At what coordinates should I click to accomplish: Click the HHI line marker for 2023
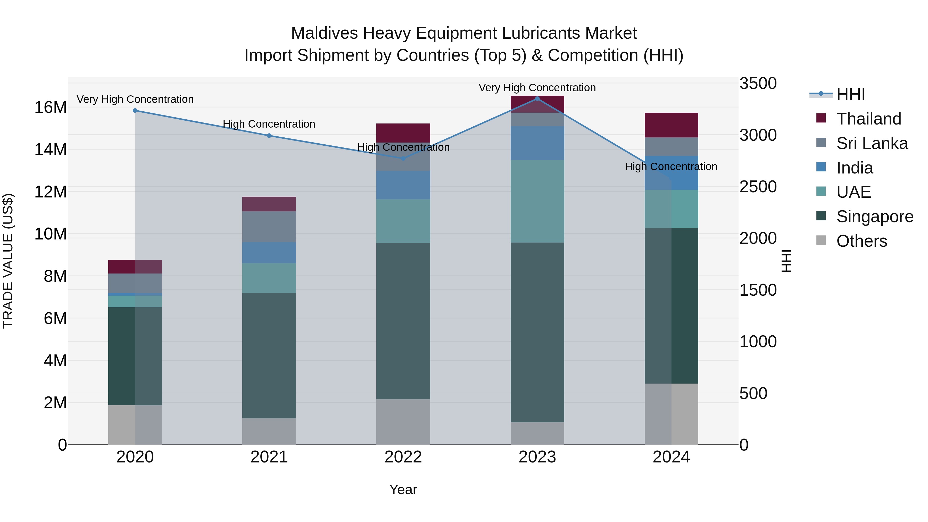click(537, 99)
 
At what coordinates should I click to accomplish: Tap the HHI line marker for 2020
click(135, 111)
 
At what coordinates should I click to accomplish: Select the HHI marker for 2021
click(269, 136)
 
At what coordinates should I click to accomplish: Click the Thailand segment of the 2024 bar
click(671, 125)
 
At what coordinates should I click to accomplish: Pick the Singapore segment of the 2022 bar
click(403, 321)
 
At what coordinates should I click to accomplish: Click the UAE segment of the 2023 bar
click(537, 201)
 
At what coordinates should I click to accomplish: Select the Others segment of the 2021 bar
click(269, 431)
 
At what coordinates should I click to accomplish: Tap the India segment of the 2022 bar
click(403, 185)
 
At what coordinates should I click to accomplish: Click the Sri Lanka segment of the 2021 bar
click(269, 227)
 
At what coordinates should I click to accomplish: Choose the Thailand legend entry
click(868, 119)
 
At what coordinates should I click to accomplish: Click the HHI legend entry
click(850, 94)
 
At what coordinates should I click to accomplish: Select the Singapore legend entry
click(874, 217)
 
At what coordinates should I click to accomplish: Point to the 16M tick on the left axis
click(51, 107)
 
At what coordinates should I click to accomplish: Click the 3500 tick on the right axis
click(758, 83)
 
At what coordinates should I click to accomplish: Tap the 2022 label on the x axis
click(403, 457)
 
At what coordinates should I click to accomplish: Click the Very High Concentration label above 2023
click(537, 88)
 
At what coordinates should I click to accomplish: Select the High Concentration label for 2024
click(671, 167)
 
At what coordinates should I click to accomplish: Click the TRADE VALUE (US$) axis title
click(8, 261)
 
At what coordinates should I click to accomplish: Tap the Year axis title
click(403, 490)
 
